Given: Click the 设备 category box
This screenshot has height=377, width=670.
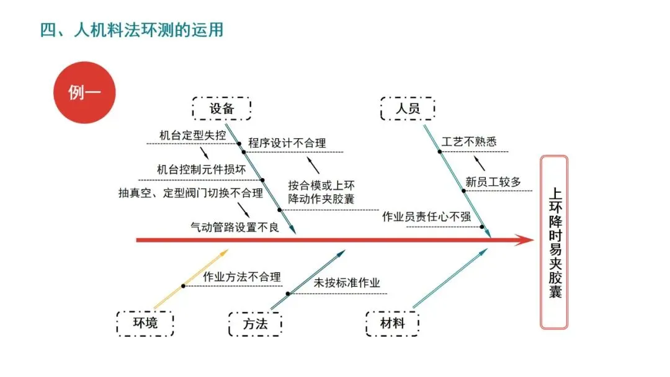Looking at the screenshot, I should [221, 109].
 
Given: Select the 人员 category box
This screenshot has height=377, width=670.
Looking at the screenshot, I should [408, 109].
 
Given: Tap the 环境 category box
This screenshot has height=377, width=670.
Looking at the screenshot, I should [145, 323].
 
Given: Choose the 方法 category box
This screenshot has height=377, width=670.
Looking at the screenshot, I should [255, 323].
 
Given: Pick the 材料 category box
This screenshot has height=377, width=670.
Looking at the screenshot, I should [393, 323].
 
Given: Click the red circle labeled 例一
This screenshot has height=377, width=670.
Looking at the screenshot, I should [84, 92].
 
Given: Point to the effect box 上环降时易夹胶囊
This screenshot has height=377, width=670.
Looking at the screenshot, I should [554, 242].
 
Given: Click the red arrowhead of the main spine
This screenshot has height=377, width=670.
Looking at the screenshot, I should [526, 240].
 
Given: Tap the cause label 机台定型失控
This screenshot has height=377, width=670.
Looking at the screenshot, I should [184, 135].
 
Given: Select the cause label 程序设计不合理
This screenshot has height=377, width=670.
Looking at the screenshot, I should [287, 143].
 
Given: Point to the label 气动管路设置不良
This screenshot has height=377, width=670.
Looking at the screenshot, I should [234, 227].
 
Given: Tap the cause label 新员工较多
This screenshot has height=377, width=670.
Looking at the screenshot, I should [493, 182].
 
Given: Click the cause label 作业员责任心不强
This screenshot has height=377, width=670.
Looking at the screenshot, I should [426, 216].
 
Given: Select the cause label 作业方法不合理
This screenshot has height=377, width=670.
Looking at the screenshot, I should [242, 277].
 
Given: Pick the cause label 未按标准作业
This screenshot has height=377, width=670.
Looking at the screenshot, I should [347, 283].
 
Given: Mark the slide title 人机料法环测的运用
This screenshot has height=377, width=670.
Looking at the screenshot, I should [131, 29].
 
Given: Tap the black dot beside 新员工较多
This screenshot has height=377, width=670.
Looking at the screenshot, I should [463, 191].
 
